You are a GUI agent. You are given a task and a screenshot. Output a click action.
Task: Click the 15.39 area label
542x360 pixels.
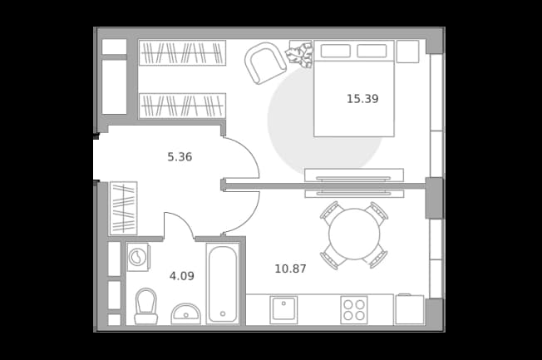point(362,99)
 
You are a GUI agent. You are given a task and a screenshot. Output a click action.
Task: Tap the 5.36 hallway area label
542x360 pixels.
point(180,157)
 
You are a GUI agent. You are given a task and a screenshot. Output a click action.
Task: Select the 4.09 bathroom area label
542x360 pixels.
point(182,276)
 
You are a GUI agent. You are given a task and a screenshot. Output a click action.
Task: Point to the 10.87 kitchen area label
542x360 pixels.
point(290,269)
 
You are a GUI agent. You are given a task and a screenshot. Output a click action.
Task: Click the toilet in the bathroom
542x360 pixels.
point(145,307)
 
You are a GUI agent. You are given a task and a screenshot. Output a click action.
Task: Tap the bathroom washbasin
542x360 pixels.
point(186,314)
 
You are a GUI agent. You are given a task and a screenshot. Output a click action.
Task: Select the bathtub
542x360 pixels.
point(223,284)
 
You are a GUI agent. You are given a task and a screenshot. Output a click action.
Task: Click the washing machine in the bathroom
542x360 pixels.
point(138,257)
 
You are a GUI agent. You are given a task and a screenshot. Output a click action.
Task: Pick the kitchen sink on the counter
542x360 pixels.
point(283,310)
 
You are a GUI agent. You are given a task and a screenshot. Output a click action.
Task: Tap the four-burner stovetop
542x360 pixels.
point(354,310)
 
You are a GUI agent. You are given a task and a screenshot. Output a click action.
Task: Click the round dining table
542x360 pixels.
point(354,234)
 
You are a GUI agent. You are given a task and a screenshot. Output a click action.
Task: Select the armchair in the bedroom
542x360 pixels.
point(265,63)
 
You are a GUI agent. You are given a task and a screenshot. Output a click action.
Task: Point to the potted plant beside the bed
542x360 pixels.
point(299,54)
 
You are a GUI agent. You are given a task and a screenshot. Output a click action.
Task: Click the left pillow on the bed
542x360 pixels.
point(335,51)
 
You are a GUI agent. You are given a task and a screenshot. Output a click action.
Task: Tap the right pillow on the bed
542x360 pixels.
point(372,51)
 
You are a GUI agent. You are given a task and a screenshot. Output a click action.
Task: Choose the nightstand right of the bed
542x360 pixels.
point(408,52)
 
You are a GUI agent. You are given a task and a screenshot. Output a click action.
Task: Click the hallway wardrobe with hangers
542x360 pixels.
point(123,208)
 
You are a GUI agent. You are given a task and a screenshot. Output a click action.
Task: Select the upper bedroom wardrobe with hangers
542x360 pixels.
point(182,52)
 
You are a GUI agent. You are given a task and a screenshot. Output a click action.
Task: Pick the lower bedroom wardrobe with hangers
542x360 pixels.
point(182,106)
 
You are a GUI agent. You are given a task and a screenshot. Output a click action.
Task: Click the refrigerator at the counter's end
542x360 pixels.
point(410,309)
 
